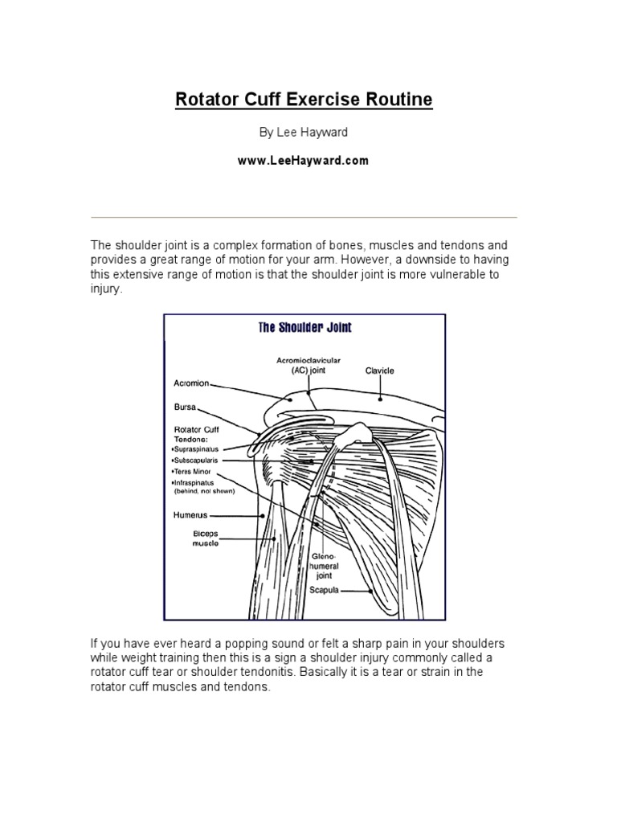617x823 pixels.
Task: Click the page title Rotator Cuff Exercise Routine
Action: point(304,100)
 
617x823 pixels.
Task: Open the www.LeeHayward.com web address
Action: point(304,161)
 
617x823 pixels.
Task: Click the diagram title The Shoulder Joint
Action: point(304,328)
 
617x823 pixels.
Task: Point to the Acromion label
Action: point(191,383)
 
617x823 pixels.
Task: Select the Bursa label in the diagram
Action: point(186,407)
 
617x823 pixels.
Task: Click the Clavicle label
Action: point(380,371)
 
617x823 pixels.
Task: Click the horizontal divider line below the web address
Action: point(304,217)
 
